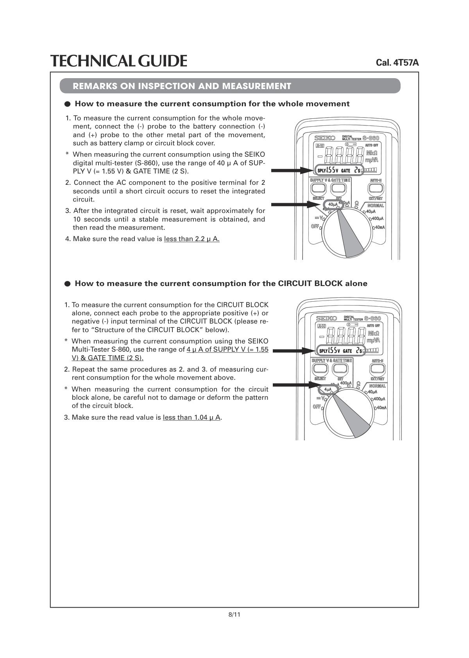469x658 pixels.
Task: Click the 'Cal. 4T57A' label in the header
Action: point(397,63)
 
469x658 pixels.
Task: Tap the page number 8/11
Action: point(234,615)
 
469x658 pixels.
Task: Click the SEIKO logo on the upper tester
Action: point(325,138)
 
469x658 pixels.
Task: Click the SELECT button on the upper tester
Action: point(319,189)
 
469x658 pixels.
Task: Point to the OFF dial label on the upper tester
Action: point(315,226)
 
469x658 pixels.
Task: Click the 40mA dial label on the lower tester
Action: point(381,408)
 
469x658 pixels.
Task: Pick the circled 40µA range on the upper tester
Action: point(333,204)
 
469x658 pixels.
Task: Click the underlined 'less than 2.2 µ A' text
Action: point(192,239)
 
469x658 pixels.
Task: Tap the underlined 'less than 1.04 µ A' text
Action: point(192,418)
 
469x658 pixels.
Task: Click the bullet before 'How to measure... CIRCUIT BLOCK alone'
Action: point(68,284)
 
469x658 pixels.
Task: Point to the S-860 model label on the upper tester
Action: point(371,138)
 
